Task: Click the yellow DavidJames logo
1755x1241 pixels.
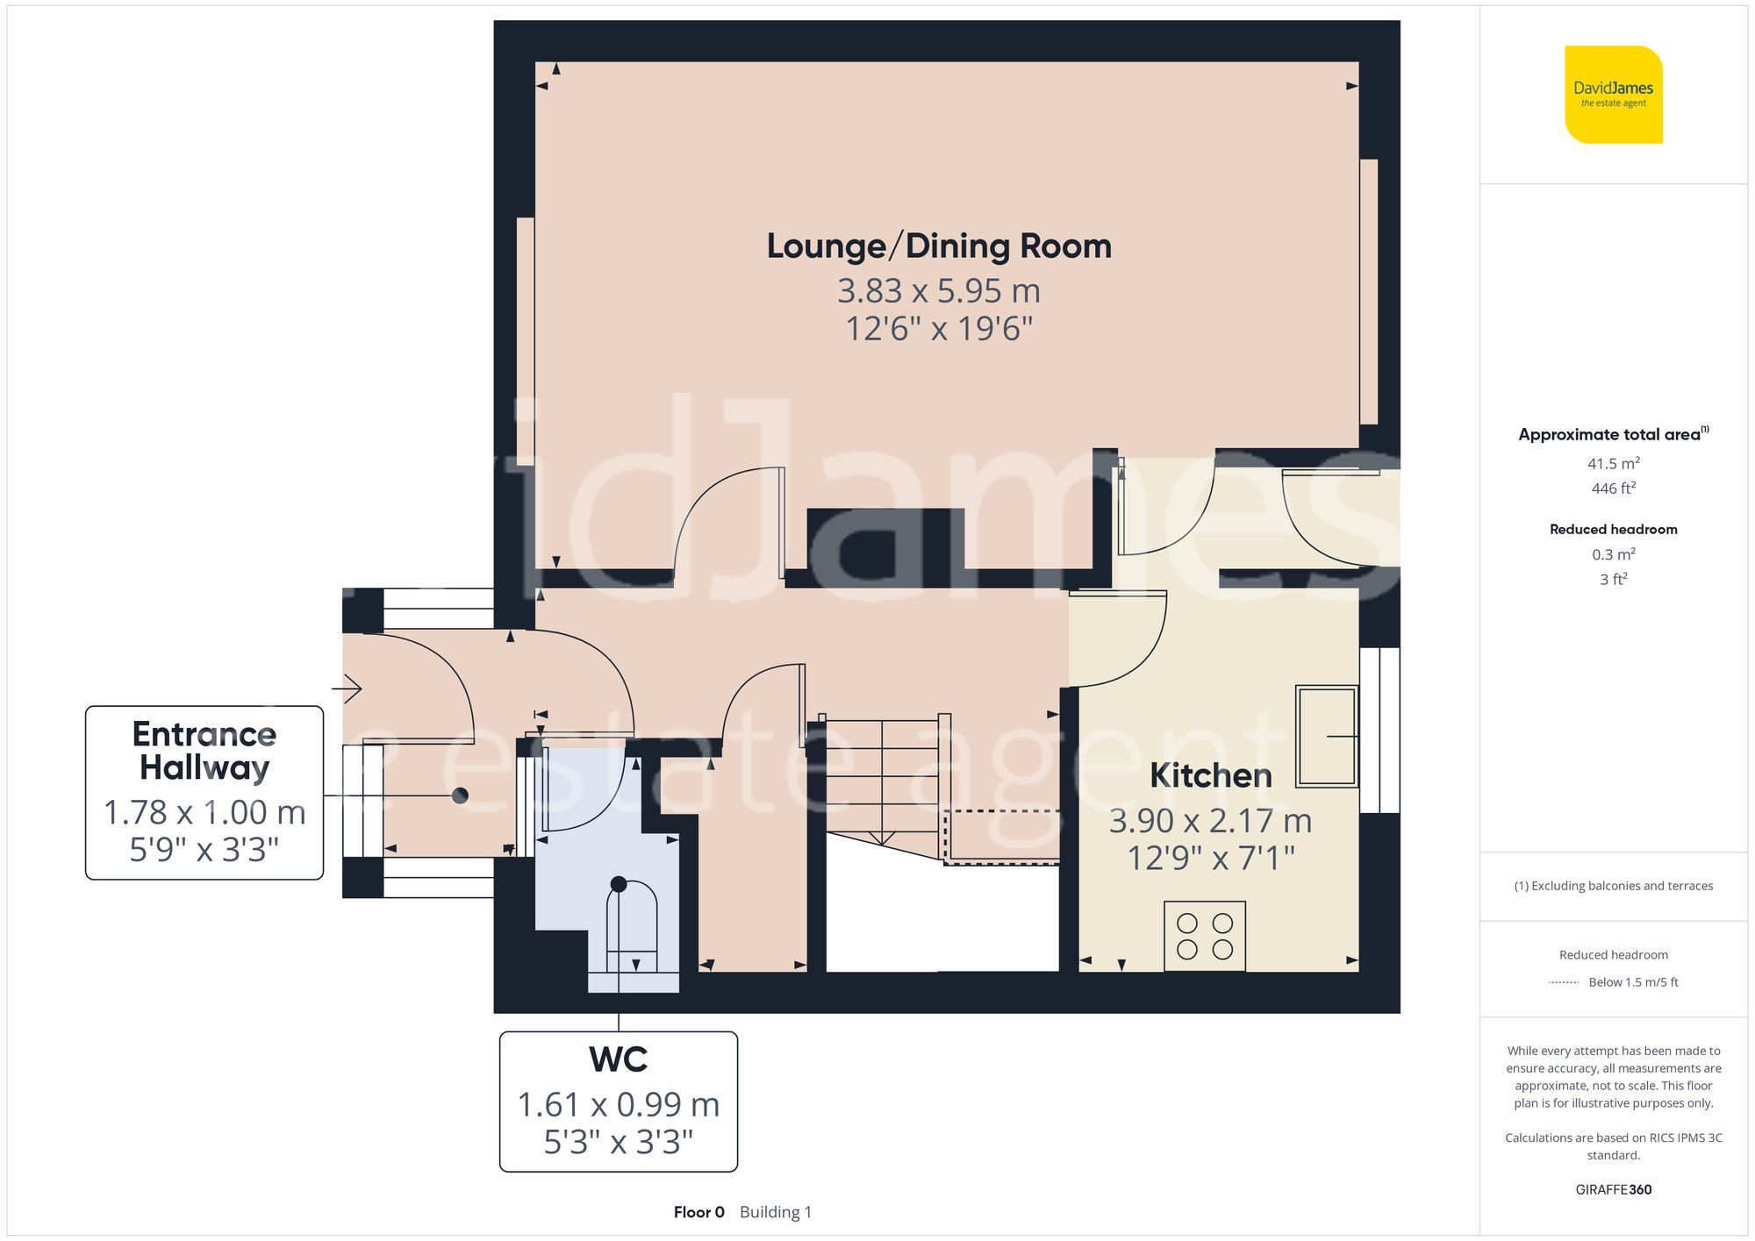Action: [x=1614, y=95]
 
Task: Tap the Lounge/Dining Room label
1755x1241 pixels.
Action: [x=939, y=246]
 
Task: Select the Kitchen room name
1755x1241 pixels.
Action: [x=1211, y=775]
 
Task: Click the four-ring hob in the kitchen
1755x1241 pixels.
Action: [x=1205, y=936]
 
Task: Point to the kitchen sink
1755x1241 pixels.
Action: [x=1328, y=736]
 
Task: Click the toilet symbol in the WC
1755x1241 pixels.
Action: [x=632, y=926]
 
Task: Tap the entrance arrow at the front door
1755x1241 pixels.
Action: [x=352, y=688]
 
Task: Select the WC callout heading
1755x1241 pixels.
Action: [x=619, y=1059]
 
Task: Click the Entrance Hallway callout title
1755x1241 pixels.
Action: [x=204, y=751]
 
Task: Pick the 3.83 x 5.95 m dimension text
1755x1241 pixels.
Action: [x=939, y=290]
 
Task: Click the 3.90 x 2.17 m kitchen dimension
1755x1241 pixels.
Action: [x=1211, y=821]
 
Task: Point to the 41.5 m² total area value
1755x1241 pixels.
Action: [x=1614, y=463]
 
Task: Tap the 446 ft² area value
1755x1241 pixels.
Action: [x=1614, y=489]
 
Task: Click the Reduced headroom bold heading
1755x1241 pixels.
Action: [x=1614, y=530]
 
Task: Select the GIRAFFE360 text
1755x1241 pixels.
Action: [x=1614, y=1190]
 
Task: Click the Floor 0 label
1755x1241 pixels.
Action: [x=699, y=1212]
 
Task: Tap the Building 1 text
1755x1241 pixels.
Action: [x=776, y=1212]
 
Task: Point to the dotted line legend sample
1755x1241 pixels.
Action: [x=1564, y=983]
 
